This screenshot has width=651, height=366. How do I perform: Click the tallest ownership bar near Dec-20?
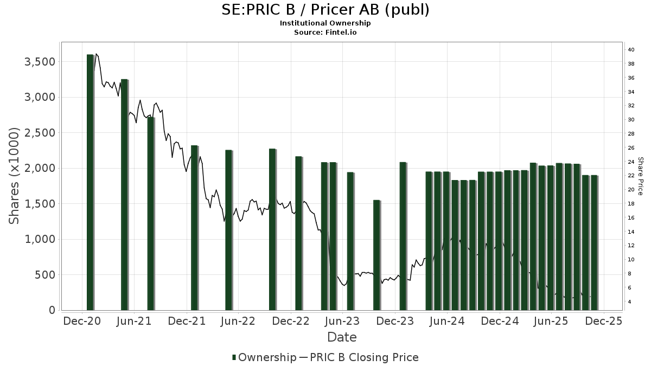[90, 182]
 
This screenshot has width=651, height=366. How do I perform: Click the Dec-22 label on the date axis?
[291, 321]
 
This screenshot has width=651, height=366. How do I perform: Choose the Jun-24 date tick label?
[448, 321]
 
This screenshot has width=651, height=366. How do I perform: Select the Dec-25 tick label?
[604, 321]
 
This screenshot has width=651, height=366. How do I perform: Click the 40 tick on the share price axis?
[631, 50]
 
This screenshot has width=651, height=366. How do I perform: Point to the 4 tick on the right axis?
[629, 301]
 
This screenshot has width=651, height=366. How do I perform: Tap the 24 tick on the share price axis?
[631, 162]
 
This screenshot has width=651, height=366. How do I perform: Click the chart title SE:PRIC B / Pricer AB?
[325, 10]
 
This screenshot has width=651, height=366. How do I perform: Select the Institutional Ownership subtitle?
[325, 23]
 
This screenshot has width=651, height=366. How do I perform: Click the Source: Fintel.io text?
[325, 32]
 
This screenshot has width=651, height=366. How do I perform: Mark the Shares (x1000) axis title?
[14, 176]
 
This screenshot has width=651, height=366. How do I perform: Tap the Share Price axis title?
[641, 176]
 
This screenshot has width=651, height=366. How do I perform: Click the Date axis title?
[342, 337]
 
